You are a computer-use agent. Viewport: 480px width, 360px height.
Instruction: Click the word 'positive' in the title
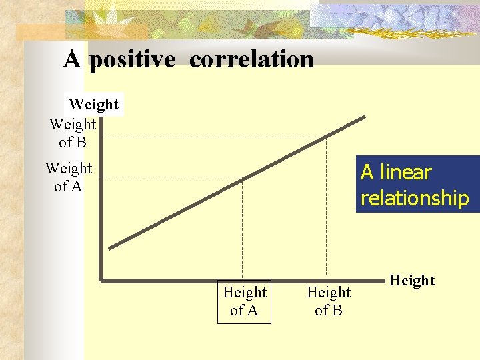(132, 60)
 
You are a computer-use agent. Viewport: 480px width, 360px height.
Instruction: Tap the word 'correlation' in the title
(251, 59)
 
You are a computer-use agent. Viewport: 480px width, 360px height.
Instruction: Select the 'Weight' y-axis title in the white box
(93, 105)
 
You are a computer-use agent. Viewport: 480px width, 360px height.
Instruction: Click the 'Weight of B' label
(72, 133)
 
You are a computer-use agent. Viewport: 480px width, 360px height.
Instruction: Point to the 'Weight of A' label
(68, 177)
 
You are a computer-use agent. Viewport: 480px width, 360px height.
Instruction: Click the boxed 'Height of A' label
(245, 301)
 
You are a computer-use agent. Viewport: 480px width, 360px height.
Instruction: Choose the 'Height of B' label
(329, 301)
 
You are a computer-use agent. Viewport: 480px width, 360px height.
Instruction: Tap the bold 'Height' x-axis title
(412, 281)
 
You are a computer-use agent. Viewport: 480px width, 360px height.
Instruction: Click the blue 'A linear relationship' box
(418, 184)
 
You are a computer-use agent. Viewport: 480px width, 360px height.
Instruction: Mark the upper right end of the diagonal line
(364, 118)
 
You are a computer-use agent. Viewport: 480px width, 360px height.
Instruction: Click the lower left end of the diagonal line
(111, 248)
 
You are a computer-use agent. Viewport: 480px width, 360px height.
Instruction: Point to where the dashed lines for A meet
(243, 177)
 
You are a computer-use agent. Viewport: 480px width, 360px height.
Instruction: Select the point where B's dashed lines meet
(326, 137)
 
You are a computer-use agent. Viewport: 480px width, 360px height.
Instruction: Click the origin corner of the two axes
(100, 279)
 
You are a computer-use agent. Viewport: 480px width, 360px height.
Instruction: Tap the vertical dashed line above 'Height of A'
(243, 227)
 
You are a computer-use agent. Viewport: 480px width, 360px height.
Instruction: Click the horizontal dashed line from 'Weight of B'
(213, 137)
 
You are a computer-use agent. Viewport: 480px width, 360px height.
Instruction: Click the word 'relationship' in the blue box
(415, 198)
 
